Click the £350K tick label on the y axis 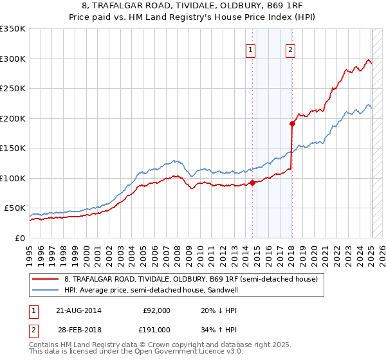13,29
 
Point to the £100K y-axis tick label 13,178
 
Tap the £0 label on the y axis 21,238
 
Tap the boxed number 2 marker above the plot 290,51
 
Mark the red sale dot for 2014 252,183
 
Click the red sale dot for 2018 292,123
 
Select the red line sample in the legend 46,280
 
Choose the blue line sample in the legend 46,290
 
